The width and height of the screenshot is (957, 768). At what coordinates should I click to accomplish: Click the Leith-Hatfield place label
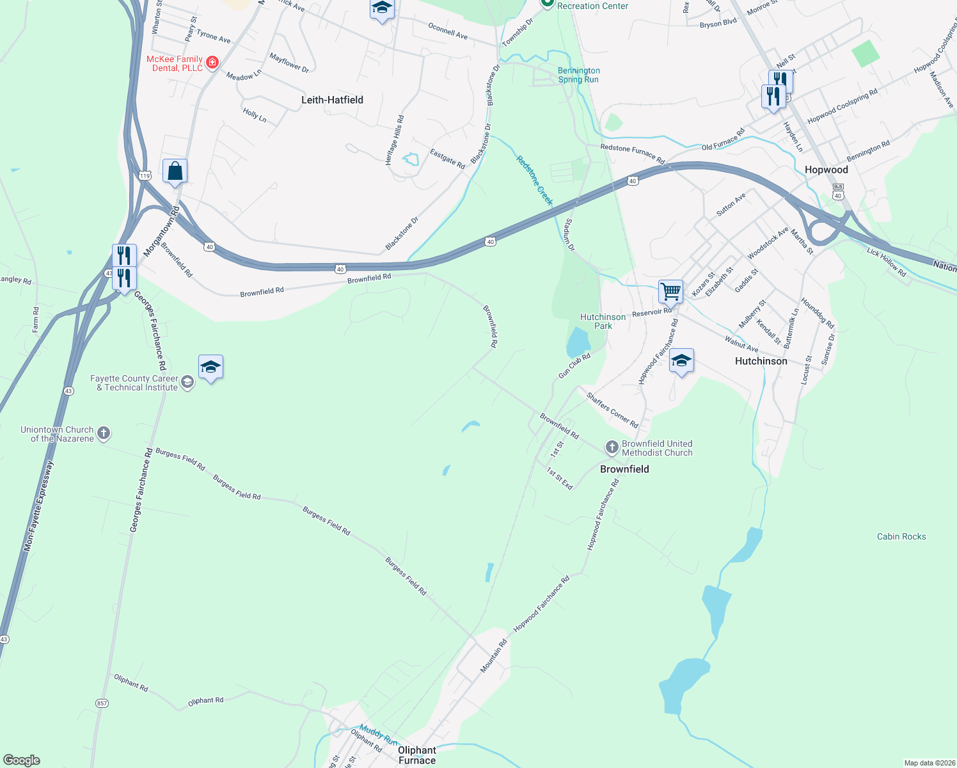pyautogui.click(x=332, y=100)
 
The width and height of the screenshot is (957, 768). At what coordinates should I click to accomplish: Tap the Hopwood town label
pyautogui.click(x=826, y=170)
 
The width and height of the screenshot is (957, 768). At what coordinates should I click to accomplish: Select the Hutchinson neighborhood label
pyautogui.click(x=761, y=361)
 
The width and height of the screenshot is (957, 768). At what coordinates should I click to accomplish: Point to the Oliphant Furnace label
pyautogui.click(x=416, y=755)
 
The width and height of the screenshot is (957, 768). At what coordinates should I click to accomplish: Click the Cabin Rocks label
pyautogui.click(x=901, y=536)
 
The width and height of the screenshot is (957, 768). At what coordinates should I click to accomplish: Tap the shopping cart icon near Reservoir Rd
pyautogui.click(x=670, y=291)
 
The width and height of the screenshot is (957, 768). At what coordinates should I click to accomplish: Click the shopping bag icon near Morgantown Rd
pyautogui.click(x=175, y=171)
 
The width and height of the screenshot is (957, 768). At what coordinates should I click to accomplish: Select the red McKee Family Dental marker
pyautogui.click(x=212, y=63)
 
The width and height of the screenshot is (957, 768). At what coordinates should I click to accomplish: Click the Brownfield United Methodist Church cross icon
pyautogui.click(x=612, y=447)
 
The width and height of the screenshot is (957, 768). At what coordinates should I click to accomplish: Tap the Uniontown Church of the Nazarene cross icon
pyautogui.click(x=104, y=433)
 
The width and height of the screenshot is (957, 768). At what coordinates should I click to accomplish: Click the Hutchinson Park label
pyautogui.click(x=603, y=321)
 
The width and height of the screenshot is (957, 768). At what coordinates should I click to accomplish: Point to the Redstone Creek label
pyautogui.click(x=534, y=180)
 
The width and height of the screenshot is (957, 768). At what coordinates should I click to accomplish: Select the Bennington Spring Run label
pyautogui.click(x=578, y=75)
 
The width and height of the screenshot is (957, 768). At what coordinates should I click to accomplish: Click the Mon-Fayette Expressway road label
pyautogui.click(x=39, y=506)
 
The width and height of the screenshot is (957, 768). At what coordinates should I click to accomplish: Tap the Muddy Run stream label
pyautogui.click(x=378, y=732)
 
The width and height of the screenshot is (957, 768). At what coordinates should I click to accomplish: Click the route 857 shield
pyautogui.click(x=102, y=703)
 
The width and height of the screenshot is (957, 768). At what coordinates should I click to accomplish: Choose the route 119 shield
pyautogui.click(x=145, y=175)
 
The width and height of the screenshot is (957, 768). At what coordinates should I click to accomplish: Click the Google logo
pyautogui.click(x=21, y=760)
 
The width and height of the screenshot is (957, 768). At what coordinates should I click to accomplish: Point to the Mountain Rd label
pyautogui.click(x=493, y=656)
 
